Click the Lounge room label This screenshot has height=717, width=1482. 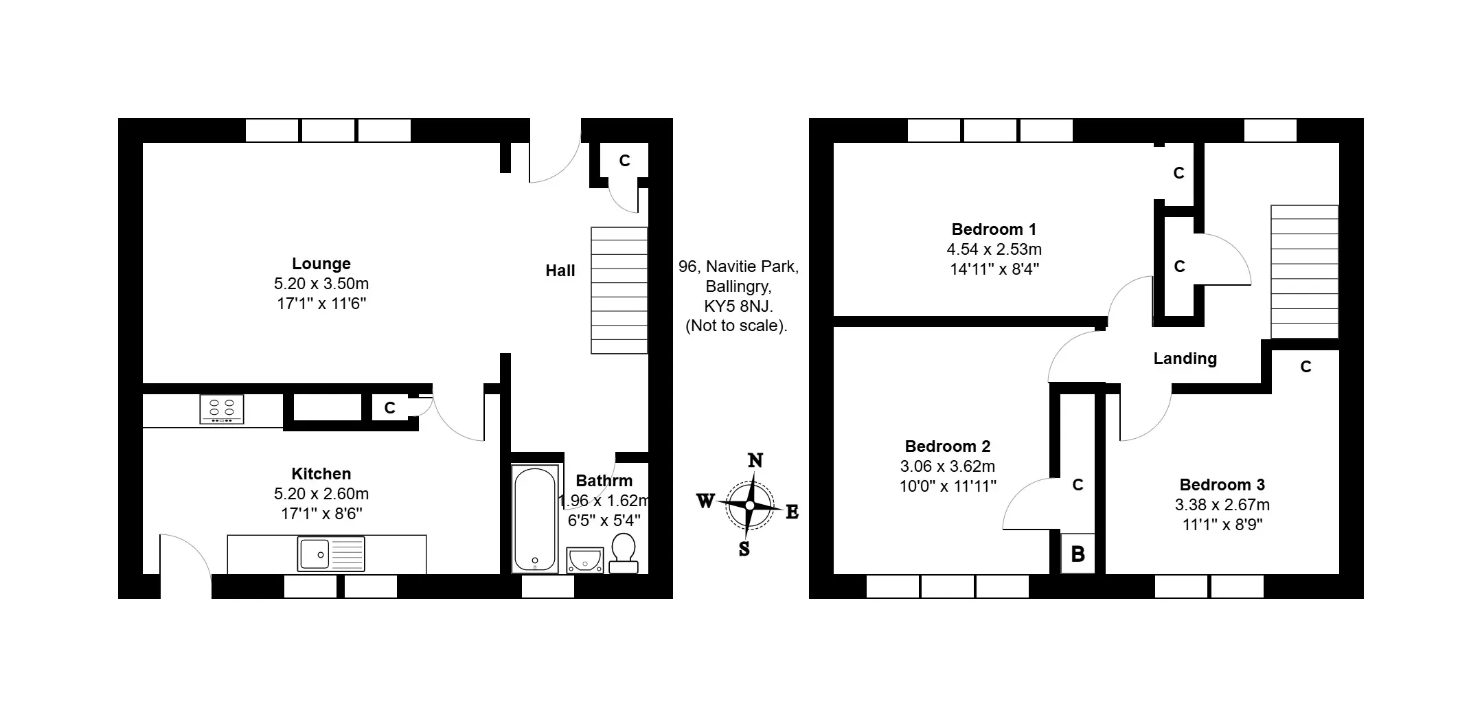click(321, 264)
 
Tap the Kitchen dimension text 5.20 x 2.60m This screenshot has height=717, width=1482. click(321, 494)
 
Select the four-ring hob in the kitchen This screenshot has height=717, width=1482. click(222, 409)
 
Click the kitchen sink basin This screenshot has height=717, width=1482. click(314, 554)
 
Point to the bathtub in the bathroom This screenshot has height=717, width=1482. click(536, 519)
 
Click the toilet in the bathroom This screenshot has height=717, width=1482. click(624, 554)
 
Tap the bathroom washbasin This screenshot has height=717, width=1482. click(584, 560)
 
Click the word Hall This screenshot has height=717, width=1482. click(560, 271)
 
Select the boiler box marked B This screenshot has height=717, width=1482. click(1078, 554)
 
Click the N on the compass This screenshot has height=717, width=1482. click(755, 459)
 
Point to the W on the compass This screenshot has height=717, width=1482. click(705, 501)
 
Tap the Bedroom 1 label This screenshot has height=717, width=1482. click(994, 229)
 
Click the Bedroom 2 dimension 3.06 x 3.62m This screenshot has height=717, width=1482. click(948, 466)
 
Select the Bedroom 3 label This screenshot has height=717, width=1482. click(1222, 485)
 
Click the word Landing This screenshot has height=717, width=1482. click(1185, 358)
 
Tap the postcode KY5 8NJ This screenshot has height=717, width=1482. click(739, 306)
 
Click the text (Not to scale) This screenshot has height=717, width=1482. click(737, 326)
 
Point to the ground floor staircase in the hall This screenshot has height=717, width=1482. click(619, 291)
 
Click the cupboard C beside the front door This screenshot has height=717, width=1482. click(624, 161)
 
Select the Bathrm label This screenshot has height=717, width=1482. click(604, 481)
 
